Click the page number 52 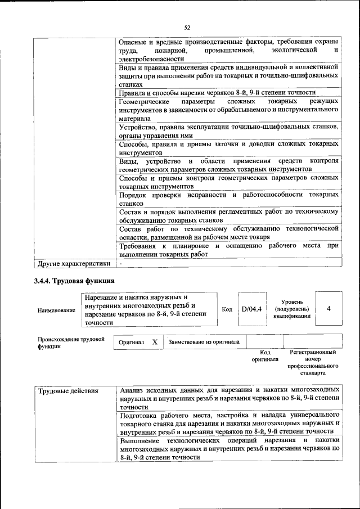pyautogui.click(x=188, y=26)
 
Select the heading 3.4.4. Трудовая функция pyautogui.click(x=74, y=281)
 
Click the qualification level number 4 pyautogui.click(x=328, y=309)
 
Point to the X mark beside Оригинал pyautogui.click(x=155, y=342)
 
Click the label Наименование pyautogui.click(x=56, y=310)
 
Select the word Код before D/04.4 pyautogui.click(x=227, y=309)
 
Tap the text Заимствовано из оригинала pyautogui.click(x=204, y=341)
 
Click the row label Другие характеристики pyautogui.click(x=73, y=263)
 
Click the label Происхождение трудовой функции pyautogui.click(x=71, y=343)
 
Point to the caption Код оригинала pyautogui.click(x=265, y=355)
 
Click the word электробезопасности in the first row pyautogui.click(x=151, y=58)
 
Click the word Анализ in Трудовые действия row pyautogui.click(x=133, y=389)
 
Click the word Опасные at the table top pyautogui.click(x=134, y=42)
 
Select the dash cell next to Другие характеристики pyautogui.click(x=120, y=263)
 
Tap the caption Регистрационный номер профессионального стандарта pyautogui.click(x=313, y=362)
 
